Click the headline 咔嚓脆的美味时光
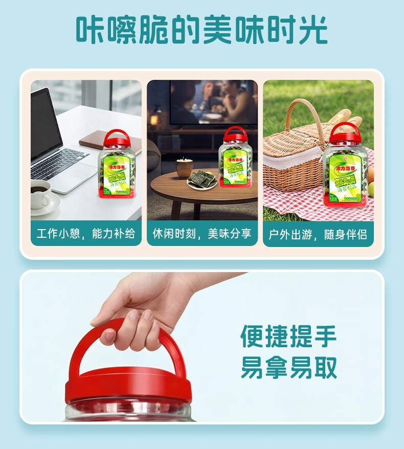[x=201, y=30]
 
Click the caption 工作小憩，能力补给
[x=86, y=234]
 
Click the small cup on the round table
[x=184, y=167]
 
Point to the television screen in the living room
[x=213, y=102]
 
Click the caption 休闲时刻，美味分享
[x=202, y=234]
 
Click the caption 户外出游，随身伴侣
[x=318, y=234]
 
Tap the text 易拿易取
[x=288, y=367]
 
